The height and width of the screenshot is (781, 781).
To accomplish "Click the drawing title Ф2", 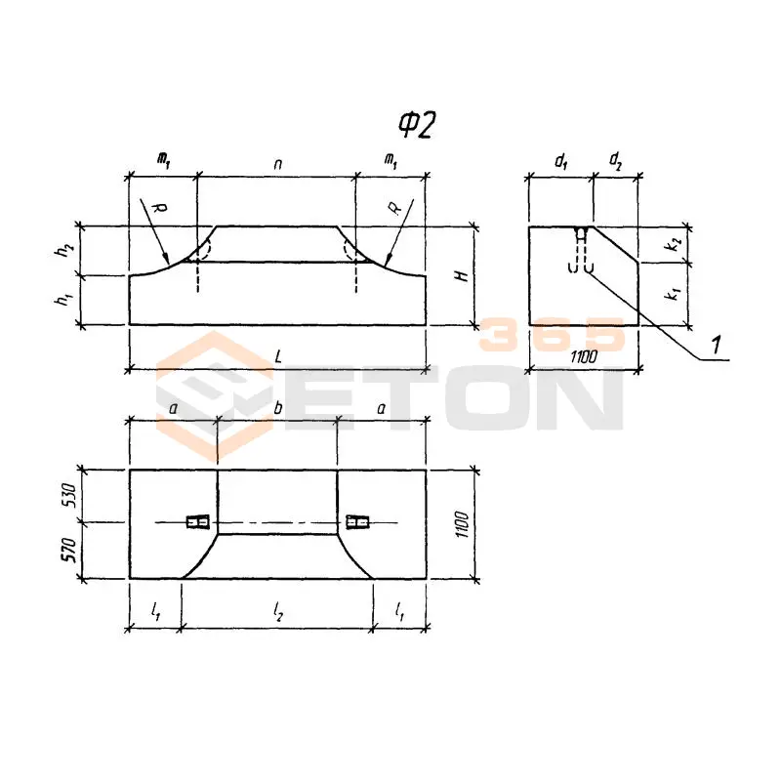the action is click(417, 125).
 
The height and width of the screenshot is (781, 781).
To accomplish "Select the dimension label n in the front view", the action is click(278, 164).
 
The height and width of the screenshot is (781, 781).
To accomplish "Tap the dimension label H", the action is click(463, 275).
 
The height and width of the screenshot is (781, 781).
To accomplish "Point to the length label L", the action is click(278, 356).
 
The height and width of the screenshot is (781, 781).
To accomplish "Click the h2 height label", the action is click(63, 250).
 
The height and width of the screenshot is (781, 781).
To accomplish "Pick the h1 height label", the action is click(63, 299).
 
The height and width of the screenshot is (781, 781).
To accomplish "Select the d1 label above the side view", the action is click(560, 161).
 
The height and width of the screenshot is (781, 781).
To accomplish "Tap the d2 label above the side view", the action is click(616, 160).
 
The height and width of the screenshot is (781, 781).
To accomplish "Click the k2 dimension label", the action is click(674, 243).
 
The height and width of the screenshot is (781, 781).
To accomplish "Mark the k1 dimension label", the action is click(674, 293).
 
